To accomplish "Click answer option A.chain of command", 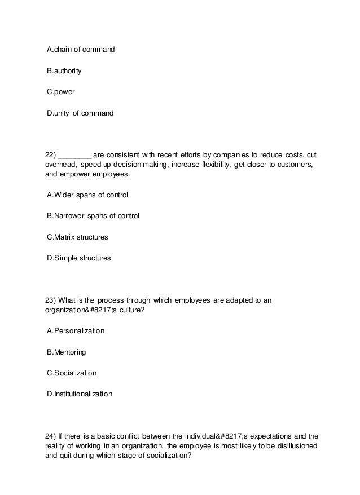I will pyautogui.click(x=81, y=50).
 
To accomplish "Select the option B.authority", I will pyautogui.click(x=64, y=71).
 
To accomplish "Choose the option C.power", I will pyautogui.click(x=61, y=92).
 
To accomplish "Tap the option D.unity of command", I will pyautogui.click(x=80, y=113).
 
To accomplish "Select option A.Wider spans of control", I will pyautogui.click(x=87, y=195).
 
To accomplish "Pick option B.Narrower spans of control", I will pyautogui.click(x=93, y=216).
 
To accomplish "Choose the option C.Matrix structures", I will pyautogui.click(x=77, y=237).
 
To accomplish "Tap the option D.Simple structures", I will pyautogui.click(x=79, y=258).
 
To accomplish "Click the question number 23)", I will pyautogui.click(x=51, y=300).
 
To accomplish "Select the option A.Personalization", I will pyautogui.click(x=76, y=331).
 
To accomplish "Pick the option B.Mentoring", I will pyautogui.click(x=67, y=352).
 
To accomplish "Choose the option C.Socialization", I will pyautogui.click(x=72, y=373).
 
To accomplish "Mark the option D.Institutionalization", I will pyautogui.click(x=80, y=394).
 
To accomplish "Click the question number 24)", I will pyautogui.click(x=51, y=435).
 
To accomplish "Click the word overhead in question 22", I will pyautogui.click(x=60, y=165).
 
